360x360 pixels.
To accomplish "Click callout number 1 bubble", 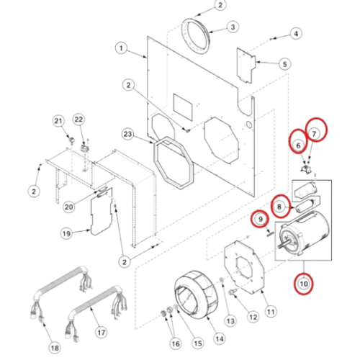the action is tap(121, 48).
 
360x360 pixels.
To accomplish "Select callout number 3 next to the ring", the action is tap(233, 27).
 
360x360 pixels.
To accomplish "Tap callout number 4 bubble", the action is tap(296, 34).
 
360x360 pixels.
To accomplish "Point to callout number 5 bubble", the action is tap(284, 64).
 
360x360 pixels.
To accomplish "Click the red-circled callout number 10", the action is tap(304, 284).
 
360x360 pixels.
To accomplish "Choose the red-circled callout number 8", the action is tap(279, 207).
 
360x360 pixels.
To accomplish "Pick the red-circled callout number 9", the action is tap(261, 219).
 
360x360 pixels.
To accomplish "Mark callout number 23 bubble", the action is tap(127, 134).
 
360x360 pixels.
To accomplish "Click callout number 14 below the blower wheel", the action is tap(220, 338).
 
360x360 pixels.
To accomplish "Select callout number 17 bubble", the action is tap(101, 333).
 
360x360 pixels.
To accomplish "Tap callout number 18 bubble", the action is tap(55, 348).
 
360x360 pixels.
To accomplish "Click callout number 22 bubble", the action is tap(78, 120).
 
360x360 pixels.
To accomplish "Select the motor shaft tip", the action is tap(279, 246).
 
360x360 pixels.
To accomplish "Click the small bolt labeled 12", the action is tap(232, 292).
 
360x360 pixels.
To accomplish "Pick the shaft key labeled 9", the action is tap(269, 233).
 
